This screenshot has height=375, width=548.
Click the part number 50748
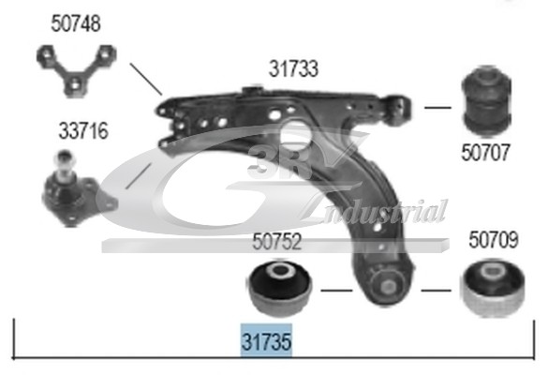click(x=76, y=23)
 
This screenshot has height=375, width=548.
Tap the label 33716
click(x=83, y=131)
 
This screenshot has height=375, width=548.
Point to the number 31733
click(x=293, y=68)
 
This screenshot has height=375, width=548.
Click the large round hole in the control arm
click(x=296, y=134)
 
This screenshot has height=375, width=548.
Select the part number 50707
click(x=486, y=152)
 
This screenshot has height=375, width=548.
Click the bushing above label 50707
click(x=486, y=99)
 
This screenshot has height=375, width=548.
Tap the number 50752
click(x=276, y=241)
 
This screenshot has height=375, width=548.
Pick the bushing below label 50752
click(x=280, y=288)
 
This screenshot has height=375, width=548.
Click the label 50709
click(x=493, y=240)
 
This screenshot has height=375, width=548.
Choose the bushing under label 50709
click(x=493, y=288)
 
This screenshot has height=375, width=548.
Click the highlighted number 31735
click(x=266, y=341)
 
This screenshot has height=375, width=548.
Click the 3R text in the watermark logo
click(x=279, y=161)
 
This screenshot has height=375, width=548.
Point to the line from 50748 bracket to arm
click(x=146, y=79)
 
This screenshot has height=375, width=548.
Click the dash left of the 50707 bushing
click(x=437, y=108)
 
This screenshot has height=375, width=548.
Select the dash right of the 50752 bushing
click(x=336, y=291)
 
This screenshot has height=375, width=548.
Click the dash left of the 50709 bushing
click(x=437, y=291)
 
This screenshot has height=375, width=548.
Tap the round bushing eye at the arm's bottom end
click(x=387, y=285)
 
